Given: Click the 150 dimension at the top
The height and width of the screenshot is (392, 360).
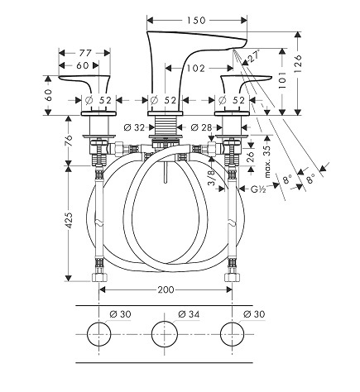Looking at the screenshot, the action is pyautogui.click(x=196, y=20).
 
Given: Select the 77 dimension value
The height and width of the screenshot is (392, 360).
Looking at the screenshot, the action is pyautogui.click(x=85, y=53).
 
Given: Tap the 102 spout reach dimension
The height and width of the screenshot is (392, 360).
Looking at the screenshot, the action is pyautogui.click(x=196, y=68).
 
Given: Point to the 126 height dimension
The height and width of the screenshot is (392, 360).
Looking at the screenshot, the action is pyautogui.click(x=298, y=64).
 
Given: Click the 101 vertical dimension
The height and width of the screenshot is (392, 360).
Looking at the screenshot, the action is pyautogui.click(x=282, y=80).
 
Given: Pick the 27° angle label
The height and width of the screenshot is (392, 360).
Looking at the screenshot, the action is pyautogui.click(x=254, y=56).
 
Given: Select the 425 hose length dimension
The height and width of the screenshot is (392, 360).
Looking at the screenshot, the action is pyautogui.click(x=69, y=220).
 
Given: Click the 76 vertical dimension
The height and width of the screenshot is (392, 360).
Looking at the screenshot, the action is pyautogui.click(x=69, y=141).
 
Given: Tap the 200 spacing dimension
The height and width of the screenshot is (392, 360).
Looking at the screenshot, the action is pyautogui.click(x=166, y=289).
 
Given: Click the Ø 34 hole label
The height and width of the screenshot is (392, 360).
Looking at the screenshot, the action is pyautogui.click(x=189, y=314).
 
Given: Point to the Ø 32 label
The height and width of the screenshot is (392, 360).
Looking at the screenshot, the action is pyautogui.click(x=134, y=127).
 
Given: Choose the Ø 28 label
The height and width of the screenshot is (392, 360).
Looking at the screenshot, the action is pyautogui.click(x=201, y=127).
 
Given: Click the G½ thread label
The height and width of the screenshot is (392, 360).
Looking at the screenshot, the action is pyautogui.click(x=258, y=189).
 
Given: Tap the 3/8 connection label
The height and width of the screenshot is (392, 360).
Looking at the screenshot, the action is pyautogui.click(x=211, y=178).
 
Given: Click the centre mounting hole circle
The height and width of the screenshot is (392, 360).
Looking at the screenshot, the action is pyautogui.click(x=165, y=334).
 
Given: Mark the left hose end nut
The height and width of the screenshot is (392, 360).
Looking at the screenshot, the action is pyautogui.click(x=99, y=276).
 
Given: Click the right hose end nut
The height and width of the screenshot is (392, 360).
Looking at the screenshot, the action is pyautogui.click(x=232, y=276).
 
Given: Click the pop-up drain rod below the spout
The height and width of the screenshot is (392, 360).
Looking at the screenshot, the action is pyautogui.click(x=165, y=173).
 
